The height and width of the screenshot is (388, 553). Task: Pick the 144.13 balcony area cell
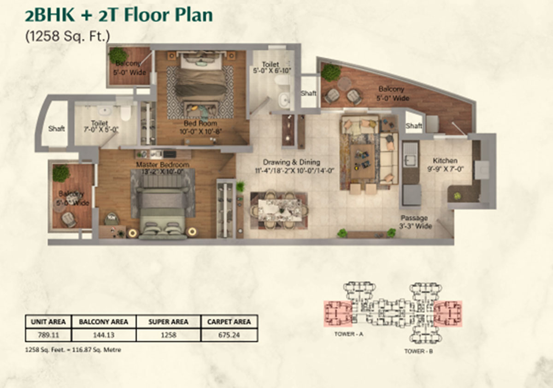click(103, 335)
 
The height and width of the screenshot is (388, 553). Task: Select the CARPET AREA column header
click(229, 322)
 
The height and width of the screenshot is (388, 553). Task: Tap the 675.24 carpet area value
click(229, 335)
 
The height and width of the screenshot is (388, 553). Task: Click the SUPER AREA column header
click(169, 322)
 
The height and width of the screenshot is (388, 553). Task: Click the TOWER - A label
click(349, 334)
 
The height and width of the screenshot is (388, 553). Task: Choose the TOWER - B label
click(418, 351)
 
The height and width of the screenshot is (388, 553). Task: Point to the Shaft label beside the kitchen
click(414, 126)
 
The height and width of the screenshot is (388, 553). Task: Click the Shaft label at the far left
click(56, 129)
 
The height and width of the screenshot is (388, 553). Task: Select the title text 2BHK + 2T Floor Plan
click(119, 15)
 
